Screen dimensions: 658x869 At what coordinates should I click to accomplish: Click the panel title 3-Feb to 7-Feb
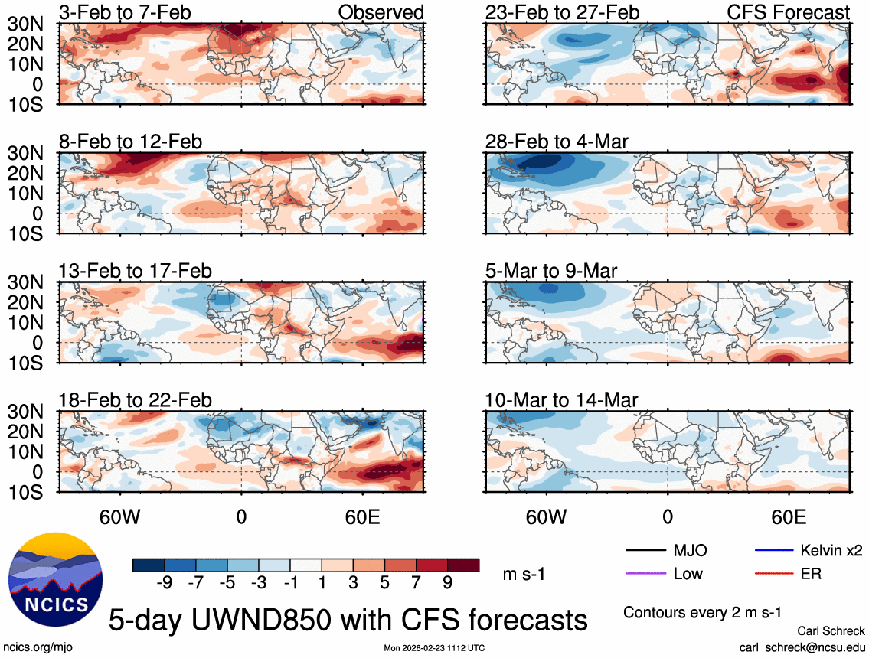[126, 12]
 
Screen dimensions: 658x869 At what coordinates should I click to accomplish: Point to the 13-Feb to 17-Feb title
[136, 271]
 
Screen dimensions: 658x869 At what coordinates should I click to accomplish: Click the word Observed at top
[381, 12]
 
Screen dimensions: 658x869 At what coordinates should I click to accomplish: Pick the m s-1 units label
[524, 574]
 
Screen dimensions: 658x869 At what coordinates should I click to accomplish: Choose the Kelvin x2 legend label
[831, 550]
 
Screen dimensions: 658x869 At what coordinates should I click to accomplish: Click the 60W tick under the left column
[120, 516]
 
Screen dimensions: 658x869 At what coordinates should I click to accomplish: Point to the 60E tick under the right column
[789, 516]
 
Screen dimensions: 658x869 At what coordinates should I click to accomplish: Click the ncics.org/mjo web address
[36, 647]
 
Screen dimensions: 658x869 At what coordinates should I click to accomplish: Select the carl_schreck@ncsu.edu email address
[802, 647]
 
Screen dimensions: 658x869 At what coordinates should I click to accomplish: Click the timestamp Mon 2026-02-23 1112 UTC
[434, 647]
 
